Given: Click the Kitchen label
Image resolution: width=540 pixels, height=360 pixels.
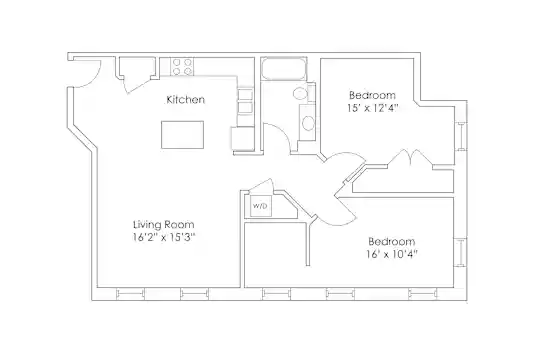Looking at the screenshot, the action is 185,100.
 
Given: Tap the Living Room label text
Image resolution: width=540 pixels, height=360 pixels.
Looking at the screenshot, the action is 164,225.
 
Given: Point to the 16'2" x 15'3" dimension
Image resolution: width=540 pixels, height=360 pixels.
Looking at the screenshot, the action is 164,237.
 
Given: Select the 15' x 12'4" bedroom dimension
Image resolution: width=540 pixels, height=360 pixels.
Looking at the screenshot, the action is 372,108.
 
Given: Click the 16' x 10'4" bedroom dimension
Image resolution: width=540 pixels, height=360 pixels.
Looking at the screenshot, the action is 392,254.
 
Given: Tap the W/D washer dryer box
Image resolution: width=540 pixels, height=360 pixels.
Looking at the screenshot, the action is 260,206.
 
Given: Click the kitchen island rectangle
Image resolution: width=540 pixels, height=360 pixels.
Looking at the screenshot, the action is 183,135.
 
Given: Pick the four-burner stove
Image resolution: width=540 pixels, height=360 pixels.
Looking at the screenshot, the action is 182,66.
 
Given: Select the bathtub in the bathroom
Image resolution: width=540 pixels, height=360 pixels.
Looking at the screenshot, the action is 283,69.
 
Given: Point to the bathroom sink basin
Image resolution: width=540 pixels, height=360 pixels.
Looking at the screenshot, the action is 308,123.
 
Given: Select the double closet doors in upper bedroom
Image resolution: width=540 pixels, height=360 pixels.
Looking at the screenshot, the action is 410,158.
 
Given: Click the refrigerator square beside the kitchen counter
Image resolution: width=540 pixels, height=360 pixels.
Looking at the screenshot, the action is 243,139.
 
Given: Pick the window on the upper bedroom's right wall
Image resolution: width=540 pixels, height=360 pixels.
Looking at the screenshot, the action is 461,136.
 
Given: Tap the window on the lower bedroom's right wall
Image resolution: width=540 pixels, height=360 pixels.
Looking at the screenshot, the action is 460,252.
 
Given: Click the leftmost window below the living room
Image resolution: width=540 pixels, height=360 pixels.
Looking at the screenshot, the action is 130,294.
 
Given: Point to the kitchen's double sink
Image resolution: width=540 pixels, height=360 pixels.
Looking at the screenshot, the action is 245,101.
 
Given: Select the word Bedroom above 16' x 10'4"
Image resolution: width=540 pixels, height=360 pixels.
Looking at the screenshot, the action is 392,241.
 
